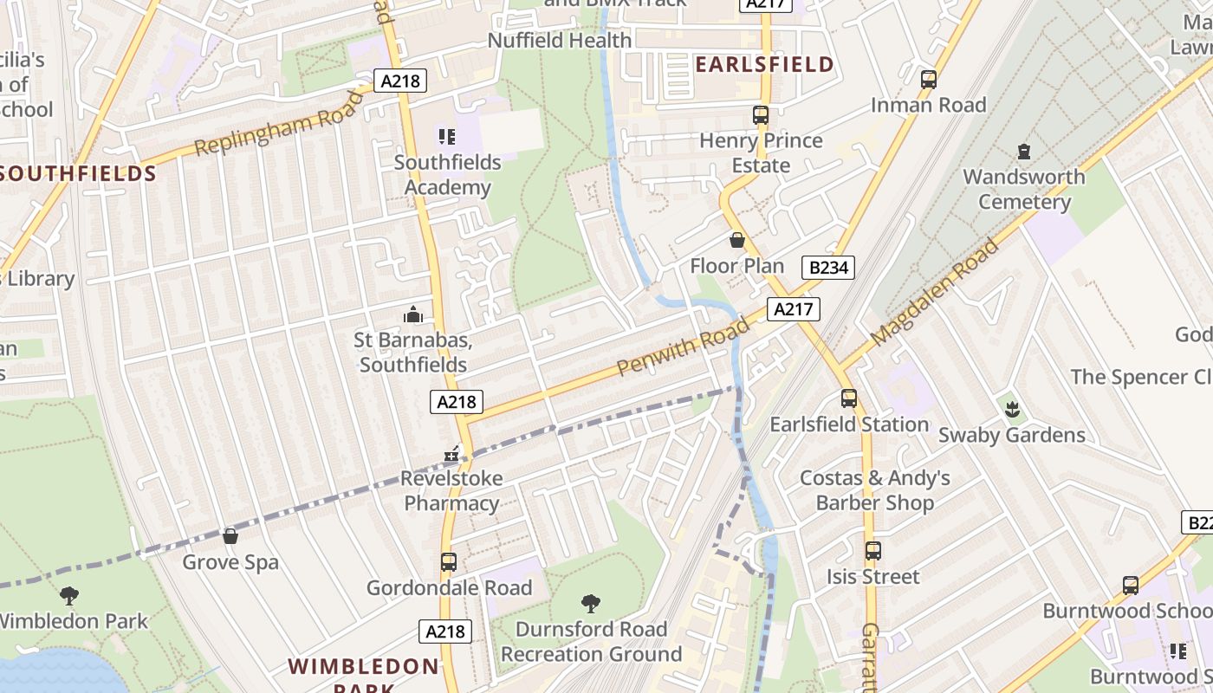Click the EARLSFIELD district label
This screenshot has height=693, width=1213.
[764, 64]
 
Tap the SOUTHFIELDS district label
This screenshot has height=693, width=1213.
[78, 173]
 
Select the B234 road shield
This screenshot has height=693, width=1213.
[827, 268]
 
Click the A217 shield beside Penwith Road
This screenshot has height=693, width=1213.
[792, 309]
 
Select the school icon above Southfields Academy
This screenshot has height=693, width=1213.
[447, 136]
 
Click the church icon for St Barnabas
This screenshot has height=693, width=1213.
[413, 314]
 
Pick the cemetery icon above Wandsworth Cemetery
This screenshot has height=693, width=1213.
[1023, 152]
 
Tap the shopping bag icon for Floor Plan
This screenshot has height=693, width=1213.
[736, 240]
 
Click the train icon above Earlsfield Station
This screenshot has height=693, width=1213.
[849, 398]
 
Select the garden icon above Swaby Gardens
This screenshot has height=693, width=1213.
[1011, 409]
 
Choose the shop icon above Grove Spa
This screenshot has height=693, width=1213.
[230, 536]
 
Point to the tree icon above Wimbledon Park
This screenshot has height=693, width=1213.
[69, 595]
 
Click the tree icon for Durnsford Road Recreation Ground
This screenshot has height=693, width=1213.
[591, 603]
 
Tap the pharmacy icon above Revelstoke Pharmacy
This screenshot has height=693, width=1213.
[451, 453]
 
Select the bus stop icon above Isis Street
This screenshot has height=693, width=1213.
[872, 551]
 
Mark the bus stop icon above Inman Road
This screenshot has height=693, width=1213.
[929, 80]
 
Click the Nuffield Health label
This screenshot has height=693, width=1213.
[560, 40]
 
